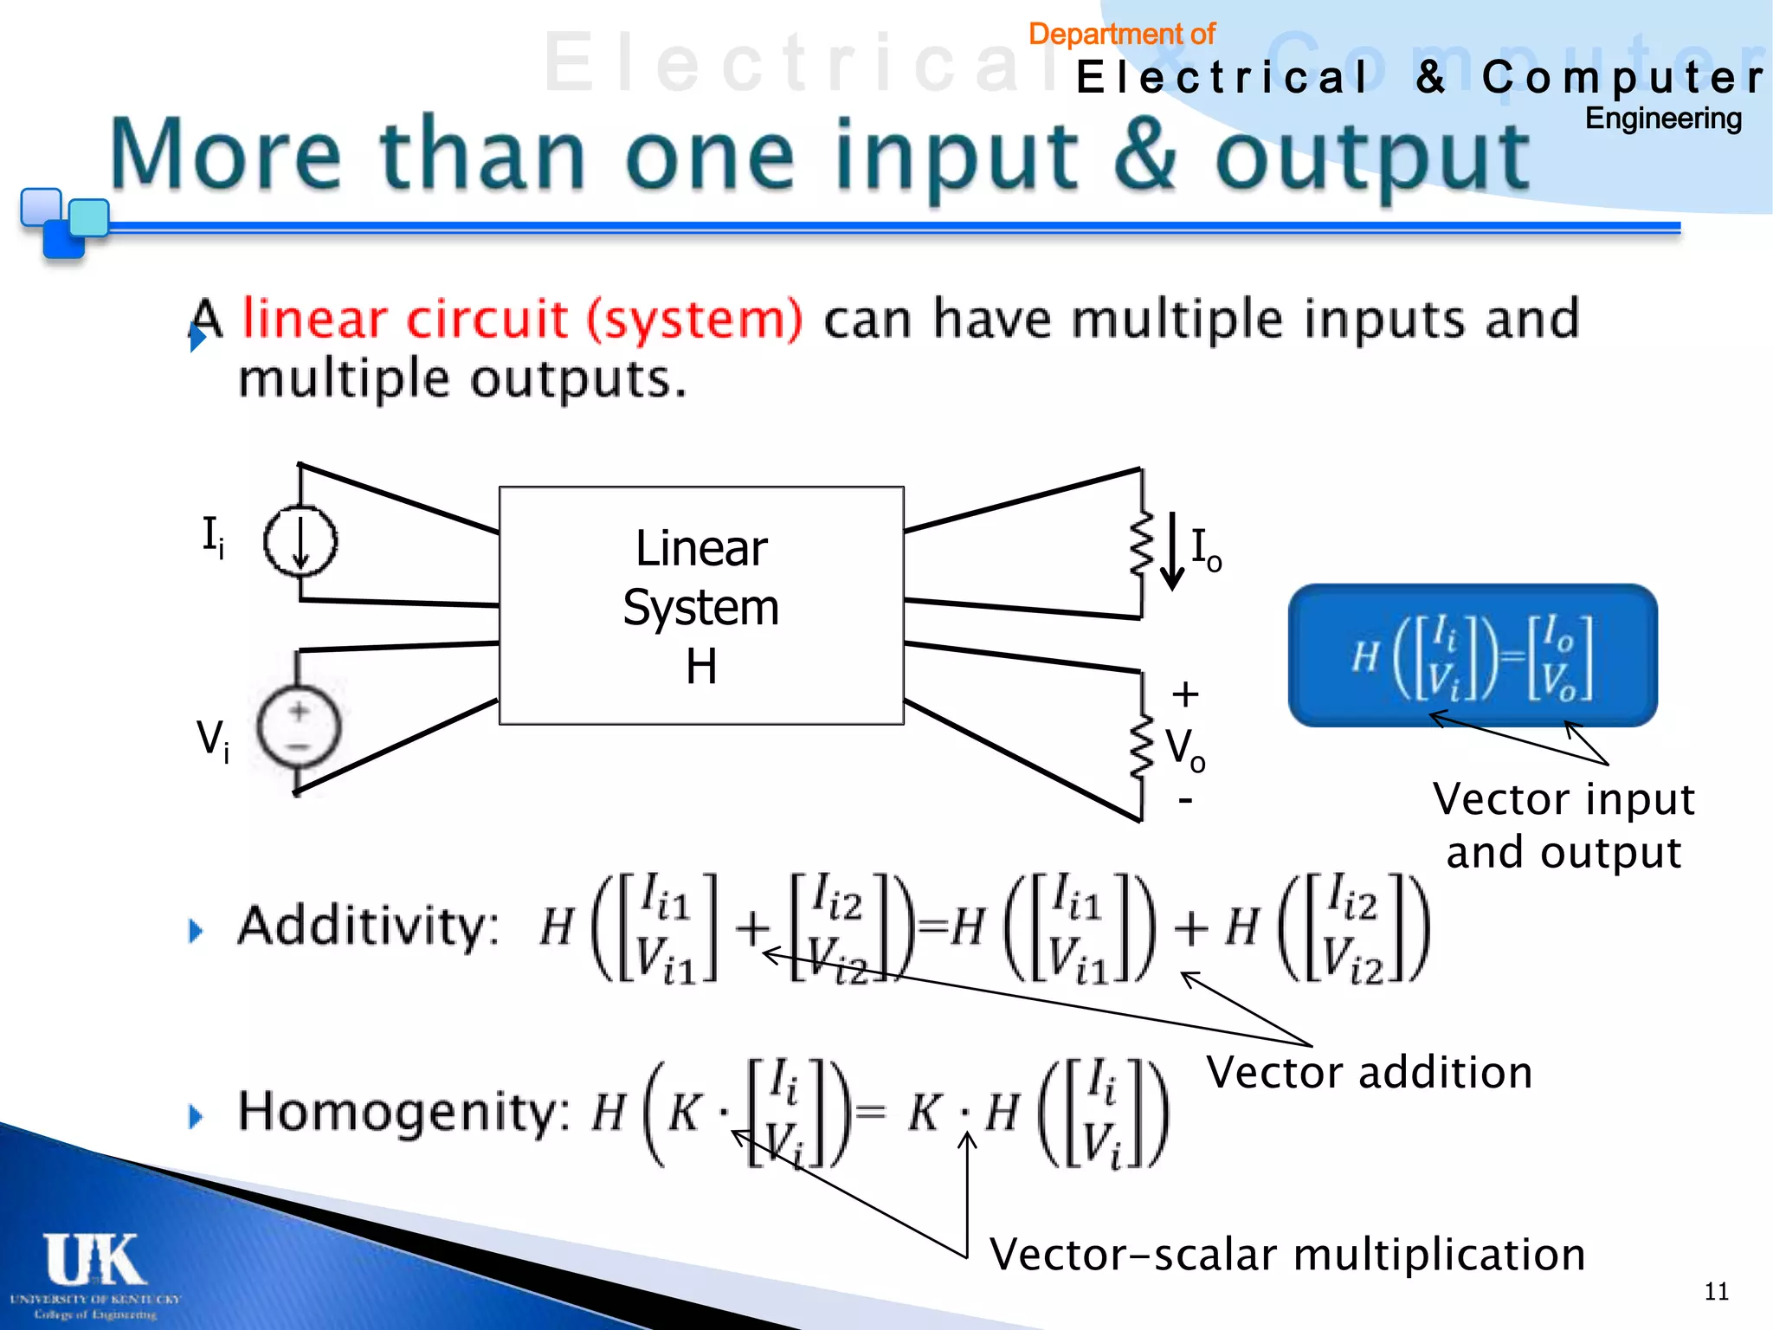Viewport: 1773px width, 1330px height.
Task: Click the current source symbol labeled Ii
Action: (x=300, y=542)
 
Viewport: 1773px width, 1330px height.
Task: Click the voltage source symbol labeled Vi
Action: (x=299, y=727)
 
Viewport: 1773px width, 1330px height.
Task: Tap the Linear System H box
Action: (x=701, y=605)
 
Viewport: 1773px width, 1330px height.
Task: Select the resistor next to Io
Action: (x=1142, y=543)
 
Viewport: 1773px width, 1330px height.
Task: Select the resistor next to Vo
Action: (x=1142, y=746)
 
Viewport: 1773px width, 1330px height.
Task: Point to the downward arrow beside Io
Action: (x=1172, y=551)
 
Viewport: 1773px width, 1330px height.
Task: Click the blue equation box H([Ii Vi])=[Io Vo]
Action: (x=1472, y=655)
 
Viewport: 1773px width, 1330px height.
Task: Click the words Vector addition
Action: (x=1370, y=1073)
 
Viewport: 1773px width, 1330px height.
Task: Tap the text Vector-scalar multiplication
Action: (x=1286, y=1255)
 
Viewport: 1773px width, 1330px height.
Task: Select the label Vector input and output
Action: (x=1563, y=824)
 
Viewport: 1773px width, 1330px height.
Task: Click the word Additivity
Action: (x=368, y=926)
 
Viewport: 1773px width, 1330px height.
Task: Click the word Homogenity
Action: (x=403, y=1112)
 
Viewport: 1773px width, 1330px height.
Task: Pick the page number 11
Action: (x=1716, y=1291)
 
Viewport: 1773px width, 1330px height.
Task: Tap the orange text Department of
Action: (x=1121, y=35)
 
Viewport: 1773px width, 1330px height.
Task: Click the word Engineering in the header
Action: (x=1662, y=119)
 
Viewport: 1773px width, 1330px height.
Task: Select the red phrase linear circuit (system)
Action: (x=522, y=319)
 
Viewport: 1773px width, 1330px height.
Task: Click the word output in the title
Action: (x=1372, y=157)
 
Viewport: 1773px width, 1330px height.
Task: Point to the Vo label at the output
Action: (x=1185, y=748)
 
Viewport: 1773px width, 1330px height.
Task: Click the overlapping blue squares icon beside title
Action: (x=62, y=222)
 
